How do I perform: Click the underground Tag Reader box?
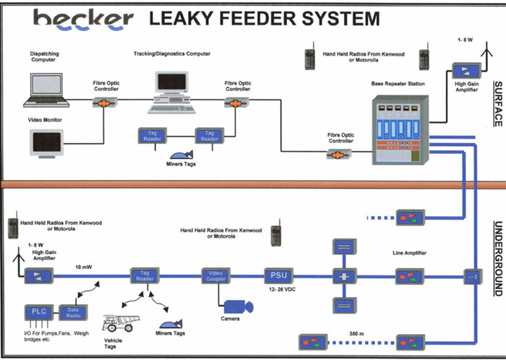[144, 275]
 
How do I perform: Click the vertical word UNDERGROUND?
[498, 257]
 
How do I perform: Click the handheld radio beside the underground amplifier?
[13, 227]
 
